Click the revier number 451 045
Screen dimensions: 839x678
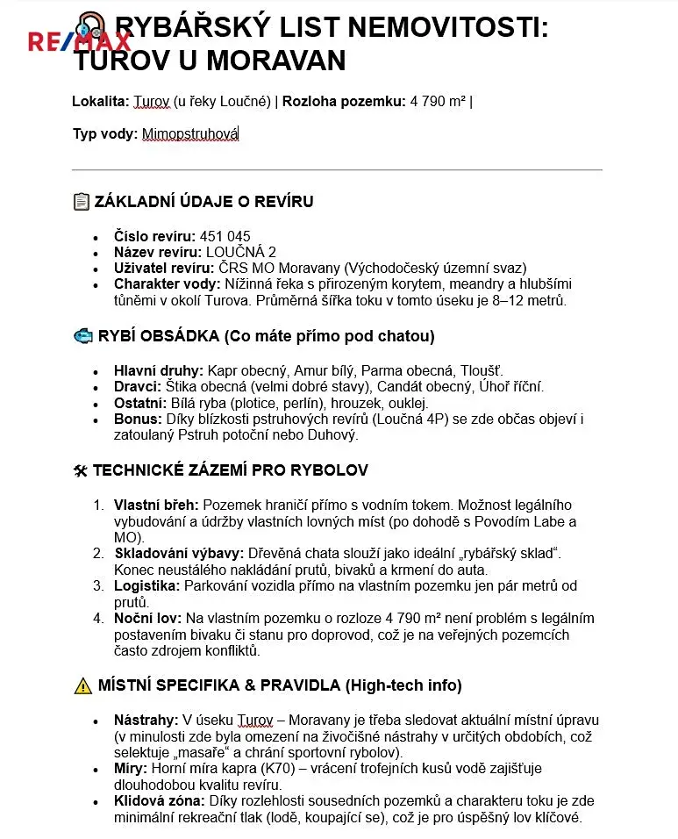pyautogui.click(x=225, y=237)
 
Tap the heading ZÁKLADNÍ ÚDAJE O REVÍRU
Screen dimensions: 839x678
pyautogui.click(x=203, y=202)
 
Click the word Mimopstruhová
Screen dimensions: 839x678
pyautogui.click(x=190, y=134)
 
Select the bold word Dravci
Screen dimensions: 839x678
pyautogui.click(x=138, y=387)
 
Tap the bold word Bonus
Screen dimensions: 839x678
pyautogui.click(x=137, y=419)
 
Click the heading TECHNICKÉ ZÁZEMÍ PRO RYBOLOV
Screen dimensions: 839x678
pyautogui.click(x=230, y=470)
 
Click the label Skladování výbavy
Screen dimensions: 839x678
pyautogui.click(x=178, y=553)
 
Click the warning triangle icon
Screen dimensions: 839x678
pyautogui.click(x=82, y=685)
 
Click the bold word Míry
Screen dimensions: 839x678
pyautogui.click(x=131, y=769)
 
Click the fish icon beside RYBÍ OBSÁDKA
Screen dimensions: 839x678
pyautogui.click(x=82, y=336)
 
